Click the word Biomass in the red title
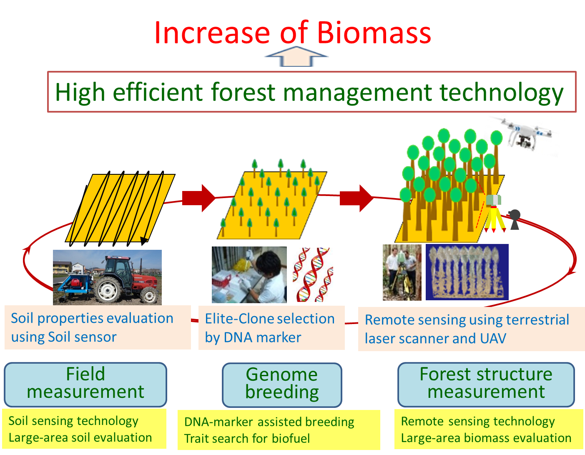(374, 33)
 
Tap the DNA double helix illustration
(313, 274)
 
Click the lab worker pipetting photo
(249, 274)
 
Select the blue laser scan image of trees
(467, 271)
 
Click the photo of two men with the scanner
(402, 272)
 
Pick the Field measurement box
(85, 384)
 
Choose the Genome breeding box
(282, 385)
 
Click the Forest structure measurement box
(486, 384)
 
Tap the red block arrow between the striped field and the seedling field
(198, 198)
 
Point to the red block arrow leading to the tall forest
(357, 198)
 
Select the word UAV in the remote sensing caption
(493, 338)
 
